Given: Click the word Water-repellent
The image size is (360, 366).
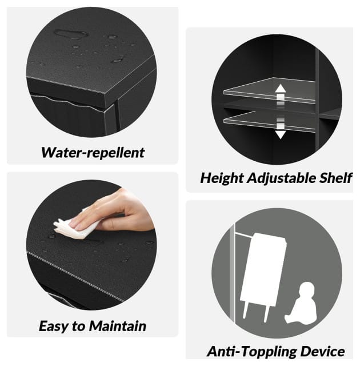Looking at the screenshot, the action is coord(93,153).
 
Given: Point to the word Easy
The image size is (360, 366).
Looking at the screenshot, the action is coord(54,327).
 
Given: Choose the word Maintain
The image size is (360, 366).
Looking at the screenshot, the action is coord(118,326).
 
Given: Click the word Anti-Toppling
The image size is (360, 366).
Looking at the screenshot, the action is coord(252,352).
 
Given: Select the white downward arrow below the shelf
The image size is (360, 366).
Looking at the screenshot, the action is coord(281,129).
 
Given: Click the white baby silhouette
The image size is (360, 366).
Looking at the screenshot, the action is coord(301,303).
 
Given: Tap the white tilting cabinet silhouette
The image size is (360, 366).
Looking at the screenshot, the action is coord(263,270).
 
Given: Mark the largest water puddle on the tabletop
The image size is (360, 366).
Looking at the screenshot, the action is coord(71,34).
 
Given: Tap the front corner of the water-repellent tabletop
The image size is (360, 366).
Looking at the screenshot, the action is coord(105,98).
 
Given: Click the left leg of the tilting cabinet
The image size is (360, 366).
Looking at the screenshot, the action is coord(245,310).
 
